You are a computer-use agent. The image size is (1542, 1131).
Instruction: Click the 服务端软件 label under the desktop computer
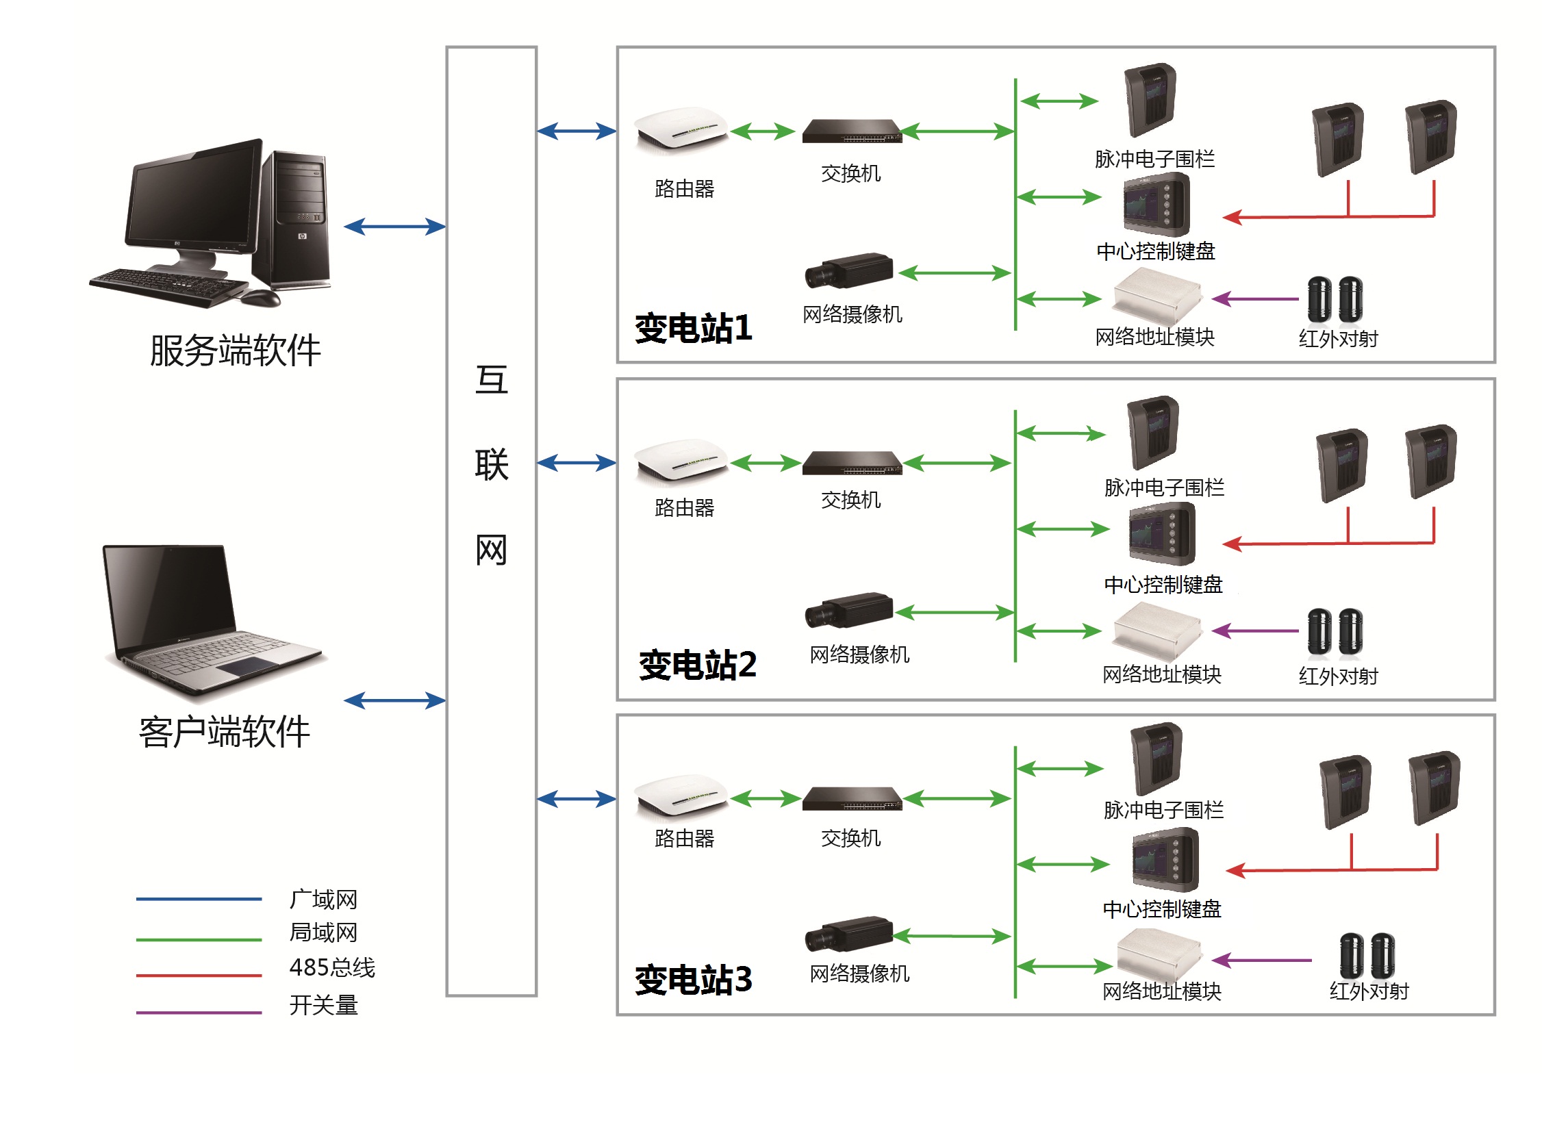click(x=235, y=351)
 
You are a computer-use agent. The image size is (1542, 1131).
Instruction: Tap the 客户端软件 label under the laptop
click(x=225, y=732)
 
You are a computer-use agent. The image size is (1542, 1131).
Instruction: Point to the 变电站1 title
click(x=693, y=328)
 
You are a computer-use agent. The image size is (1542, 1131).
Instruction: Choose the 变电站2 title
click(x=697, y=665)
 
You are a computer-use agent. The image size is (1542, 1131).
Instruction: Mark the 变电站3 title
click(x=693, y=980)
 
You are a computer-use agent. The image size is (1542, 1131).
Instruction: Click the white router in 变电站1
click(x=681, y=128)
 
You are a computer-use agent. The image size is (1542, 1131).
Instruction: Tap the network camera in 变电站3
click(x=849, y=934)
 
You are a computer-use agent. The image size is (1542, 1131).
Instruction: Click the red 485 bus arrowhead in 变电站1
click(x=1233, y=218)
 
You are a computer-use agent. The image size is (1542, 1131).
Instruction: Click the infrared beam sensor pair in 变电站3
click(x=1367, y=955)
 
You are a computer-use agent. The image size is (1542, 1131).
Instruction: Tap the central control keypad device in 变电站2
click(x=1162, y=534)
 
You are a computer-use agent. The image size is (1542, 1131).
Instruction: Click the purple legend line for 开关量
click(x=199, y=1012)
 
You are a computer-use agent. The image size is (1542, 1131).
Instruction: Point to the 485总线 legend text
click(x=332, y=967)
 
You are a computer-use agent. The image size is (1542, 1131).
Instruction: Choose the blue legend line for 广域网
click(x=199, y=899)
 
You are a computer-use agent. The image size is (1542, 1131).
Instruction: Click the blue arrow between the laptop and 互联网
click(x=394, y=700)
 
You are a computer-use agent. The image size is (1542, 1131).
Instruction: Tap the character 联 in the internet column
click(x=492, y=465)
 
